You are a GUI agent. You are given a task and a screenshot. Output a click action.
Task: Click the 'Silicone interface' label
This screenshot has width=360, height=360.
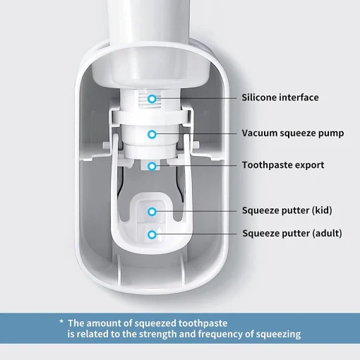(x=280, y=97)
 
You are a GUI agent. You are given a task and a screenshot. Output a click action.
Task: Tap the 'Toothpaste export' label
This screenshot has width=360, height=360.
(x=283, y=165)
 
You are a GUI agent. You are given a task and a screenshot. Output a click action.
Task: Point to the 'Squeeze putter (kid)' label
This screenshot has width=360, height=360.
(x=287, y=210)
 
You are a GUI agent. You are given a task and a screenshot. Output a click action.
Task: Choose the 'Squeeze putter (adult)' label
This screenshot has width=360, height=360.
(x=292, y=233)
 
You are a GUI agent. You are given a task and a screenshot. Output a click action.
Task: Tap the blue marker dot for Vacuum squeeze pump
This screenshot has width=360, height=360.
(x=152, y=133)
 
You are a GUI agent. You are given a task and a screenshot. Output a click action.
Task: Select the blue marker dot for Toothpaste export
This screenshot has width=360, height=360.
(x=152, y=165)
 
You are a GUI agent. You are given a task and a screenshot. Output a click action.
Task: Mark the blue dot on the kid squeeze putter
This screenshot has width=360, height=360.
(x=152, y=210)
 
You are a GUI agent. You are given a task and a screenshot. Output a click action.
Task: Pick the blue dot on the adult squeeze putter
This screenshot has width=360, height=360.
(x=152, y=233)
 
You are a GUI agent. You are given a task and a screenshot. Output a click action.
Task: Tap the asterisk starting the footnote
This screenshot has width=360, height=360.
(x=61, y=322)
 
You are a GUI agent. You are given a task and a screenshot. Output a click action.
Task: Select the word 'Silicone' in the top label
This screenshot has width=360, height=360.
(x=261, y=97)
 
